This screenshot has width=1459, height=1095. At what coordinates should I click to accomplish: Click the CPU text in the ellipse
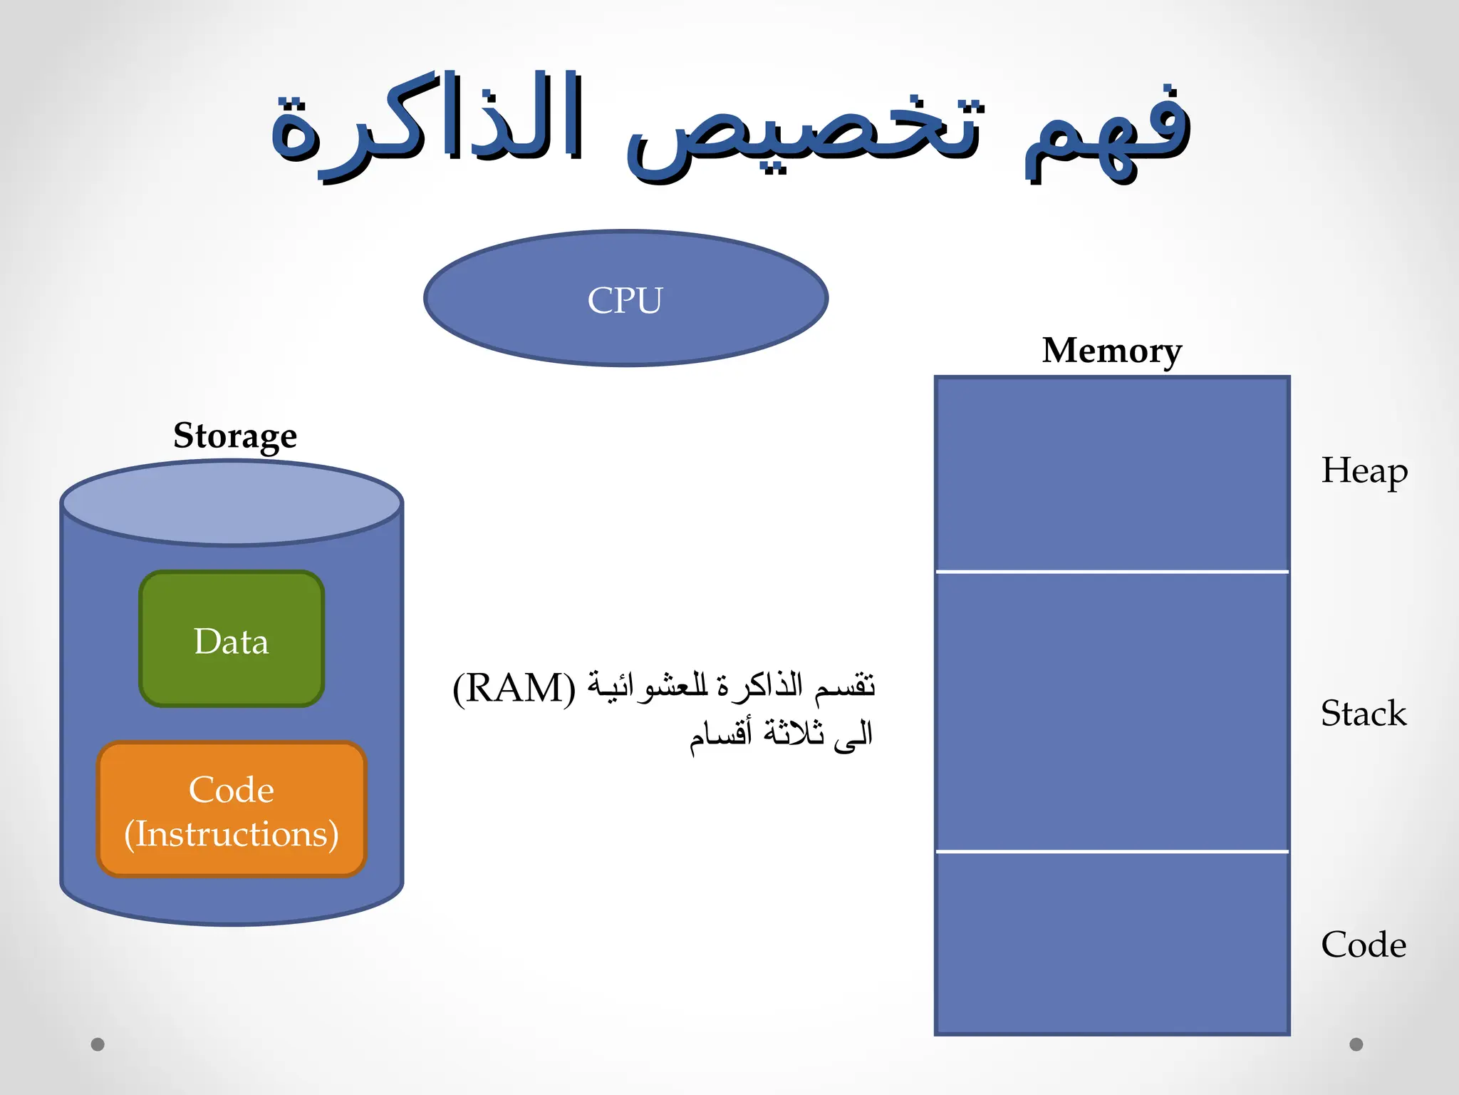[x=625, y=300]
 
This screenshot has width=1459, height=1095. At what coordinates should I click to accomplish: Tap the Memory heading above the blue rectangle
[x=1111, y=351]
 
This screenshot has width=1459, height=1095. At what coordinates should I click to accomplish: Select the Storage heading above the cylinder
[x=235, y=436]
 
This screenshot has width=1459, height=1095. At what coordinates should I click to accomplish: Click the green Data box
[x=232, y=640]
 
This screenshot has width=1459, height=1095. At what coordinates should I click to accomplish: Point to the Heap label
[x=1364, y=471]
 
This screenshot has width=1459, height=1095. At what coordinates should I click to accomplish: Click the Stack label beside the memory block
[x=1364, y=714]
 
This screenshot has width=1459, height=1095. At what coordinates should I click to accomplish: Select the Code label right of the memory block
[x=1364, y=945]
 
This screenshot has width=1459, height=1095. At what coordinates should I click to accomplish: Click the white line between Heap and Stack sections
[x=1111, y=572]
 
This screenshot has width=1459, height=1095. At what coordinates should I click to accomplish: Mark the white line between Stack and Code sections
[x=1111, y=851]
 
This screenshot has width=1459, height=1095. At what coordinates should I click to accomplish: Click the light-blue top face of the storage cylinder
[x=232, y=503]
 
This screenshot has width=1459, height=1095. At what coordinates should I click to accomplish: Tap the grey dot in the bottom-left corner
[x=98, y=1044]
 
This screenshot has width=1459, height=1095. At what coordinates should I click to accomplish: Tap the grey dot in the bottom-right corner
[x=1356, y=1044]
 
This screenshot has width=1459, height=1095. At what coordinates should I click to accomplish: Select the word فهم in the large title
[x=1108, y=132]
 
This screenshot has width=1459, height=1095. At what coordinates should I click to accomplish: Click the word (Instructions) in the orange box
[x=232, y=834]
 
